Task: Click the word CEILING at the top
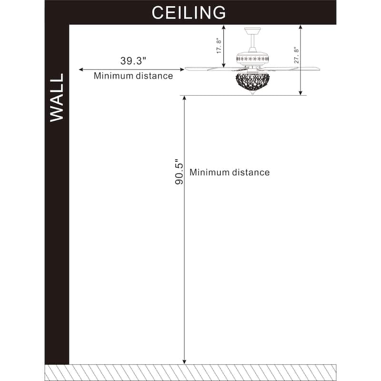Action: (189, 13)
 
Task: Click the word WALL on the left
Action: (57, 98)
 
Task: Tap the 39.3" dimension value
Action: (133, 61)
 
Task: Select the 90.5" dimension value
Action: (179, 172)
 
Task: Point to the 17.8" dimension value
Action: (219, 46)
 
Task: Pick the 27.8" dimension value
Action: (296, 55)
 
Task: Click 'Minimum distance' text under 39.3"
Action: (133, 76)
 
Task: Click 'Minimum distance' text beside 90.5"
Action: (230, 172)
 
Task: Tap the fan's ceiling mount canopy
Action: (252, 31)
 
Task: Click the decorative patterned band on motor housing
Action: (253, 59)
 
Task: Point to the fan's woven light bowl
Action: (253, 81)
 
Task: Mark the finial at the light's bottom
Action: (253, 93)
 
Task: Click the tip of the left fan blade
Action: (185, 69)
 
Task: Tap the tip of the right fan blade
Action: (319, 69)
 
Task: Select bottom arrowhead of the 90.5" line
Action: (184, 362)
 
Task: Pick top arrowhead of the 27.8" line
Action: (301, 27)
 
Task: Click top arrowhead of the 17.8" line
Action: (224, 27)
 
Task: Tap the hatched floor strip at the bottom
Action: (190, 372)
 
